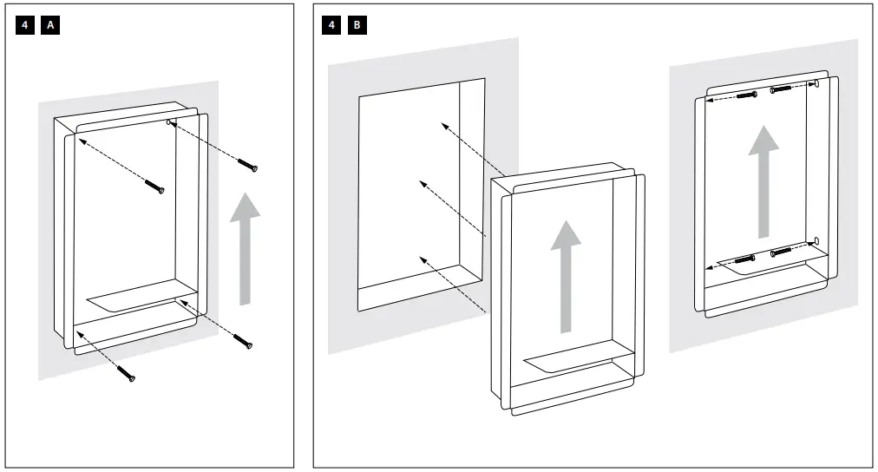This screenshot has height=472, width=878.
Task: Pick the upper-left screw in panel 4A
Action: tap(155, 186)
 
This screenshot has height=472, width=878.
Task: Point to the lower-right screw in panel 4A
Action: tap(246, 345)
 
